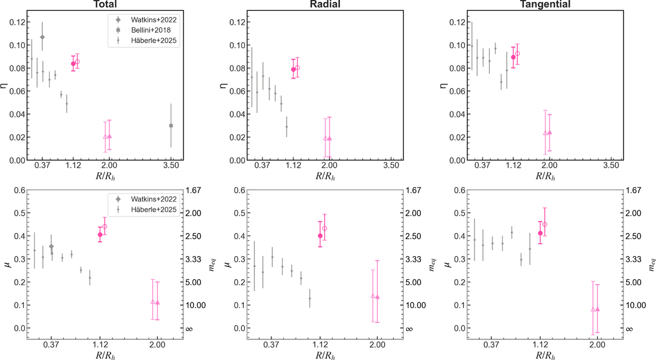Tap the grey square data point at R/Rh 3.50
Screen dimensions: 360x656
pyautogui.click(x=171, y=126)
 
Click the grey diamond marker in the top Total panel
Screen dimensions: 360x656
pyautogui.click(x=42, y=37)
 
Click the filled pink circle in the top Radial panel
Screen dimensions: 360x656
pyautogui.click(x=293, y=69)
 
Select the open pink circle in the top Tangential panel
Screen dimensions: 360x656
pyautogui.click(x=517, y=54)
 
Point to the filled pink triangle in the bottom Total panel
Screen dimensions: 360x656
pyautogui.click(x=157, y=302)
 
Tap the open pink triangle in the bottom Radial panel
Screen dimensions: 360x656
pyautogui.click(x=373, y=296)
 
